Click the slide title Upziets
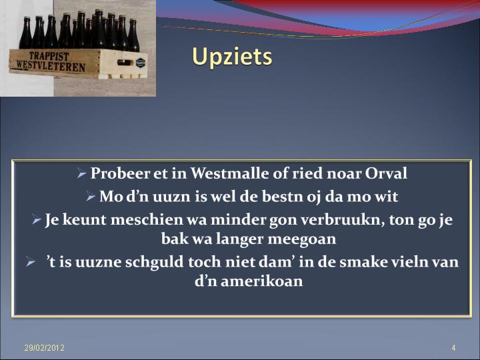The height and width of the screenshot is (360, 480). point(232,57)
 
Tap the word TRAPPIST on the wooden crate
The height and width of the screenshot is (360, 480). point(49,56)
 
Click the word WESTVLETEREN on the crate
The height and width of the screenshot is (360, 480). point(51,65)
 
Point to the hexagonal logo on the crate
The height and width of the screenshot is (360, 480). point(140,63)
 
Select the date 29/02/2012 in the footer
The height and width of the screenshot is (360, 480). point(45,348)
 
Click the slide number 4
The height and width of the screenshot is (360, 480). point(453,348)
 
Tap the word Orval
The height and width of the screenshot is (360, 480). point(386,173)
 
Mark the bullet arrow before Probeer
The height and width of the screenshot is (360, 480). point(82,174)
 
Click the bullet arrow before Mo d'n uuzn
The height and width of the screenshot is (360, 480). point(91,197)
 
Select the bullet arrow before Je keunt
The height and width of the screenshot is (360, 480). point(37,220)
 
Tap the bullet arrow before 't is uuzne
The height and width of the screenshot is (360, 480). point(31,263)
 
